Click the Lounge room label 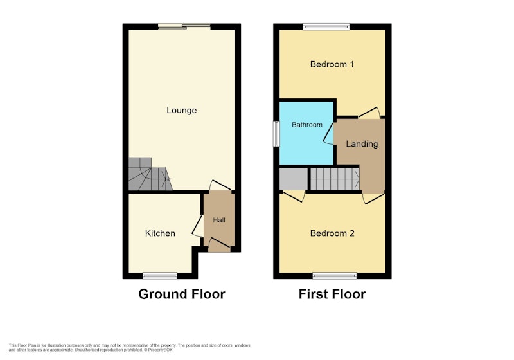coord(182,110)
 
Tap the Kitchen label coord(160,233)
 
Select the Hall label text coord(219,220)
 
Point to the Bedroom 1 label coord(332,64)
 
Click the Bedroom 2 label coord(332,233)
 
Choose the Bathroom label coord(307,125)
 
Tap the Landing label coord(362,144)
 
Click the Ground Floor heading coord(182,294)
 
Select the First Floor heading coord(332,294)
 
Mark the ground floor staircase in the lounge coord(150,175)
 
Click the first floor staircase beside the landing coord(335,179)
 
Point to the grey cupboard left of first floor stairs coord(294,179)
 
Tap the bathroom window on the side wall coord(276,134)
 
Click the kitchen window coord(159,276)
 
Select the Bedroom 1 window coord(326,27)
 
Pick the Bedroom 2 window coord(334,276)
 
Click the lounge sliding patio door coord(184,26)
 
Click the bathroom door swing coord(328,134)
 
